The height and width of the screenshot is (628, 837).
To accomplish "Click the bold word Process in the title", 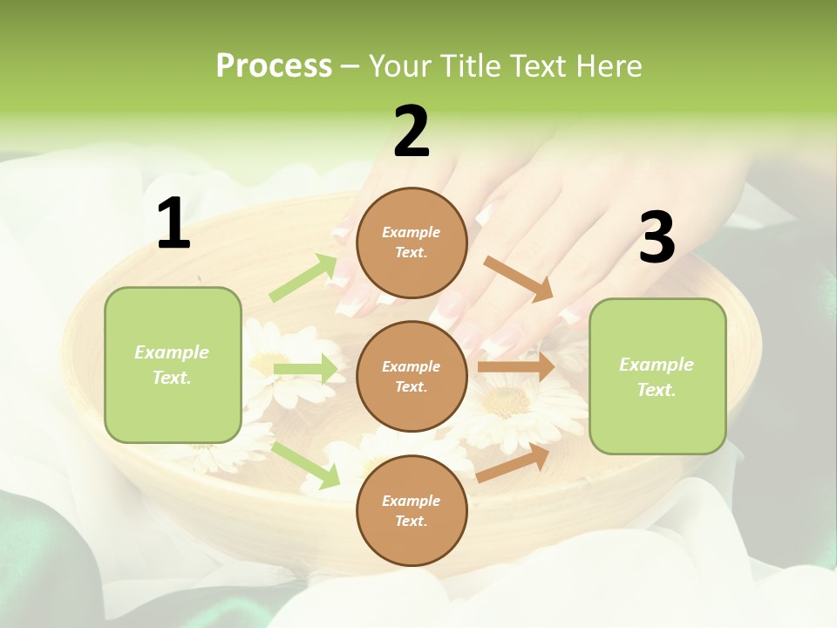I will coord(274,66).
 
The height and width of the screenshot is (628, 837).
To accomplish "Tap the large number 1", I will coord(174,224).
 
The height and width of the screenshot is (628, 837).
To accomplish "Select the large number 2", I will coord(412,132).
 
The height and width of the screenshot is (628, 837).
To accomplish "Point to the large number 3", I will coord(657,238).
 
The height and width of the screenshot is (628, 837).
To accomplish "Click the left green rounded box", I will coord(173,365).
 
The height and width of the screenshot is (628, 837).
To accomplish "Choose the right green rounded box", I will coord(657,376).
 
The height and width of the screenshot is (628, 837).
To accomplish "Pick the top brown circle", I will coord(412,242).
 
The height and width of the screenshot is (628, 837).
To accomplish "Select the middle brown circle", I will coord(412,376).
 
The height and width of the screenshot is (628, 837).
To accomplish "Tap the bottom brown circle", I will coord(412,510).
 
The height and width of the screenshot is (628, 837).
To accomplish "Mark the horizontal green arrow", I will coord(305,369).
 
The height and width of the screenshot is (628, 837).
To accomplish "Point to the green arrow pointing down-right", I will coord(305,465).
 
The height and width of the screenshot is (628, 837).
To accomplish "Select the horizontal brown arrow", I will coord(515,366).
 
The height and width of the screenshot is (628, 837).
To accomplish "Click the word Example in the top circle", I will coord(412,232).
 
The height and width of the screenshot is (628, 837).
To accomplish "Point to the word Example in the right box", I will coord(657,365).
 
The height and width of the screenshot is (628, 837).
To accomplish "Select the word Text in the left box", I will coord(171,378).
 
